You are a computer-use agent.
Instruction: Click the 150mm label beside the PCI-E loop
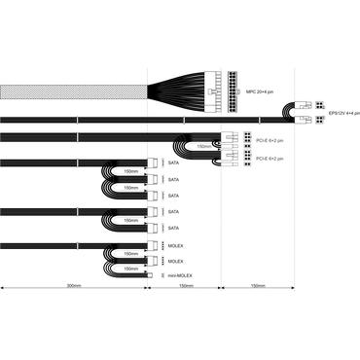[202, 148]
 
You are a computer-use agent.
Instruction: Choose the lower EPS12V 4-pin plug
[308, 124]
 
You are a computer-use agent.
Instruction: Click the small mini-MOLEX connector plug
[158, 277]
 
